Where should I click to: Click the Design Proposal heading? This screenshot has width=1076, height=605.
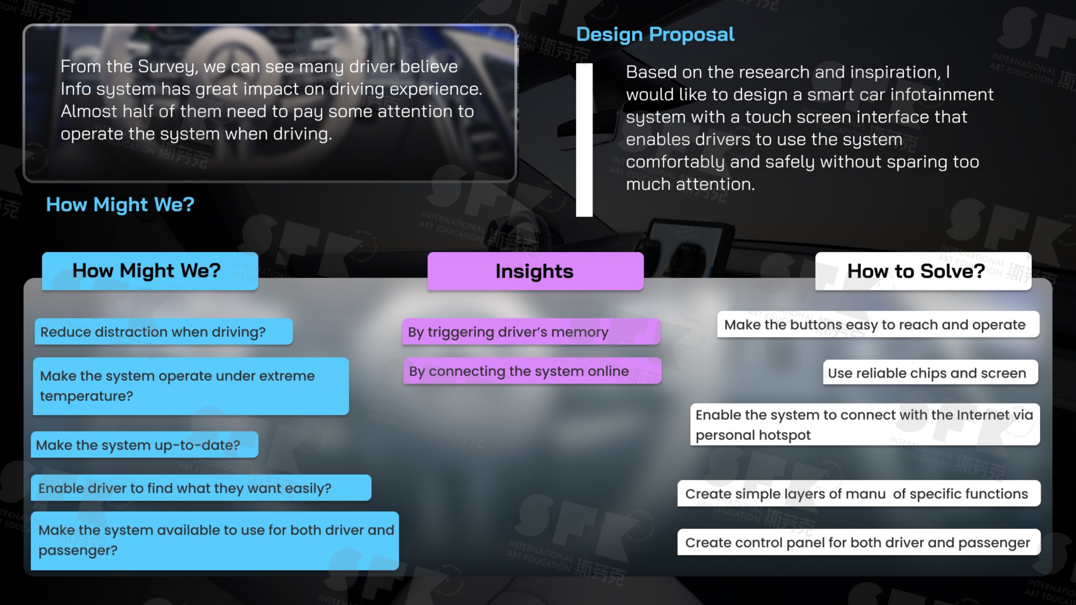pyautogui.click(x=655, y=34)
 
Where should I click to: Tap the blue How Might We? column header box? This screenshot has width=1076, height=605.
pyautogui.click(x=150, y=271)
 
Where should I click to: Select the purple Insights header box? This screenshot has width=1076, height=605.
pyautogui.click(x=535, y=271)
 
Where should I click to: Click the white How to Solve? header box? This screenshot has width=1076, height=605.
pyautogui.click(x=923, y=271)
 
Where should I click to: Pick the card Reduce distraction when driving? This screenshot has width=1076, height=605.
pyautogui.click(x=164, y=331)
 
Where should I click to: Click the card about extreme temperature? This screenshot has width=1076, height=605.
pyautogui.click(x=191, y=386)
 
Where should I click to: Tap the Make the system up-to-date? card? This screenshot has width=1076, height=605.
pyautogui.click(x=145, y=445)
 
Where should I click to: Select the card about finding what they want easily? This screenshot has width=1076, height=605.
pyautogui.click(x=201, y=488)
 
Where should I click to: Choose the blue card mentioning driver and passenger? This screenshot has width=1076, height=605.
pyautogui.click(x=215, y=541)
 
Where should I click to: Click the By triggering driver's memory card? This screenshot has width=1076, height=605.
pyautogui.click(x=531, y=331)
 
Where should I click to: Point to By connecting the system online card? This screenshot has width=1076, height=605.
pyautogui.click(x=533, y=371)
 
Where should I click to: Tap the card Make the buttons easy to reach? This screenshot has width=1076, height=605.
pyautogui.click(x=878, y=324)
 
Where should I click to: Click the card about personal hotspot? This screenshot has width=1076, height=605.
pyautogui.click(x=865, y=424)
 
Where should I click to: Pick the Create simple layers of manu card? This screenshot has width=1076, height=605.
pyautogui.click(x=859, y=493)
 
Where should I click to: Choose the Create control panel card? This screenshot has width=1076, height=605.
pyautogui.click(x=859, y=542)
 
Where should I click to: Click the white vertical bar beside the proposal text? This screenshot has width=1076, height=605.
pyautogui.click(x=584, y=140)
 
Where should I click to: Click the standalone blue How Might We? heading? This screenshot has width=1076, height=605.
pyautogui.click(x=120, y=205)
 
